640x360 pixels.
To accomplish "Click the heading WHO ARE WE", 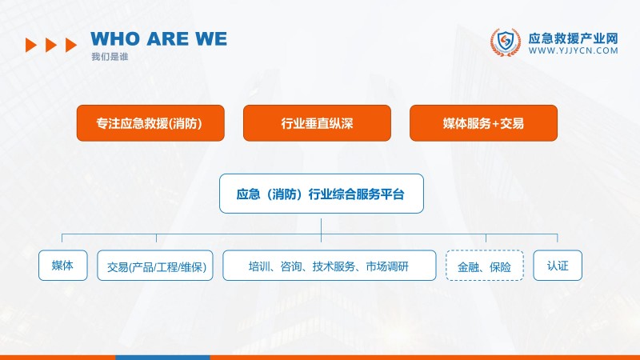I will [158, 39].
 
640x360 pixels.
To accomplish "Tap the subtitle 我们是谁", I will [110, 57].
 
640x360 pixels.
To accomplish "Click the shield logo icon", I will [505, 43].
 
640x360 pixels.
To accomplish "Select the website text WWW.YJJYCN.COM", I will [574, 50].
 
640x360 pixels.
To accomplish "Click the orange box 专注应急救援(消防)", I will [150, 123].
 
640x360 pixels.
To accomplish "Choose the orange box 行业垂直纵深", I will [317, 123].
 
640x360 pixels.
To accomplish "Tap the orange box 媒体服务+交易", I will [483, 123].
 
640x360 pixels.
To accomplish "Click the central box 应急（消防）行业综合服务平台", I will [321, 194].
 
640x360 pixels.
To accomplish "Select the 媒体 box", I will [62, 266].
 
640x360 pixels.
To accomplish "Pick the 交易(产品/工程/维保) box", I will [155, 266].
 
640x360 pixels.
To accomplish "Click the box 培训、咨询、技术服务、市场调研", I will [329, 266].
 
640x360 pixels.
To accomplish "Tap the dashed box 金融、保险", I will [485, 266].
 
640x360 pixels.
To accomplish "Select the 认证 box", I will [558, 266].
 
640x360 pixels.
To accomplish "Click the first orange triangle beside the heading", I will [31, 45].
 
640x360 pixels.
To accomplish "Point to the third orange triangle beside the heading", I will [71, 45].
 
